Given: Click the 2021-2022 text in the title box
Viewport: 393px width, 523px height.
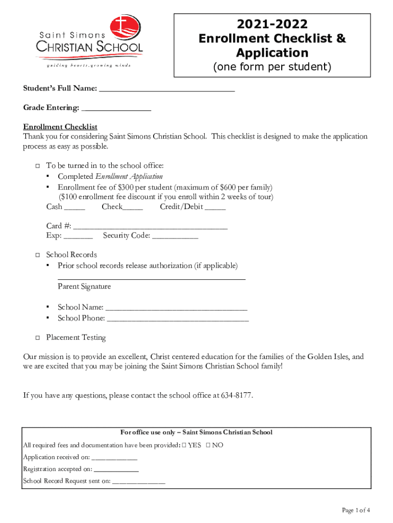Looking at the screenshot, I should pyautogui.click(x=272, y=24).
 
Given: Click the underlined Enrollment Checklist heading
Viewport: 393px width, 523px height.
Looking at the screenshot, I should pyautogui.click(x=60, y=127).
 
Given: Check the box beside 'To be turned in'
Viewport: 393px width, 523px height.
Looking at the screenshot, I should pyautogui.click(x=37, y=166).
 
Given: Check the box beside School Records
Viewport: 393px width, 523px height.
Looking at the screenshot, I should pyautogui.click(x=37, y=255).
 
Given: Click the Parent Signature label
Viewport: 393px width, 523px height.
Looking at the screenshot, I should pyautogui.click(x=84, y=287).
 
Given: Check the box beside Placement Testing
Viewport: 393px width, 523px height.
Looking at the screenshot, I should pyautogui.click(x=37, y=338).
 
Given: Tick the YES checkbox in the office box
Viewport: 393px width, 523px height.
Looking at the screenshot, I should pyautogui.click(x=184, y=445).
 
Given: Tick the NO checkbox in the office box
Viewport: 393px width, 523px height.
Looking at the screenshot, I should pyautogui.click(x=208, y=445).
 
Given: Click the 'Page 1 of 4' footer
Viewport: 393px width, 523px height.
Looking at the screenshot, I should pyautogui.click(x=355, y=510).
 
